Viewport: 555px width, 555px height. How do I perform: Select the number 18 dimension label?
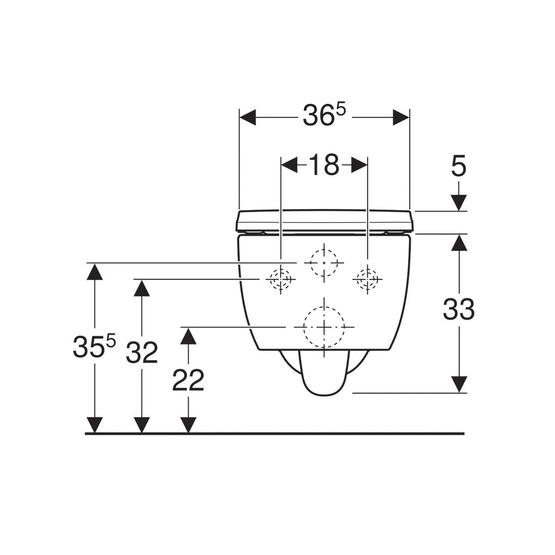coord(324,165)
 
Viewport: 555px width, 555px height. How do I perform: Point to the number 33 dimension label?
coord(458,309)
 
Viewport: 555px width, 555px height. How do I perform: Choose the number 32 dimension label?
coord(142,352)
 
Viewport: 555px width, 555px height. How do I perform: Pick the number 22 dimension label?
coord(188,380)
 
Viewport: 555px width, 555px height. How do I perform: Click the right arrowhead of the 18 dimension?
coord(359,165)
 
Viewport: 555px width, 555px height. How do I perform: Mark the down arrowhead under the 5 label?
coord(458,203)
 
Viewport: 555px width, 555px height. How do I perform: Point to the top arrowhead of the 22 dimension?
coord(188,336)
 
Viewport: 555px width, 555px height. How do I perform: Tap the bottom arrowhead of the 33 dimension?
coord(458,384)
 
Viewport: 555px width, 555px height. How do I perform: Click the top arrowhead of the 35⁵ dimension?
coord(95,271)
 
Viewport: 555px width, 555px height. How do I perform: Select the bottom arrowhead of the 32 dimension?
coord(142,425)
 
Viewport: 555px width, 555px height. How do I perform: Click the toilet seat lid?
coord(325,221)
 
